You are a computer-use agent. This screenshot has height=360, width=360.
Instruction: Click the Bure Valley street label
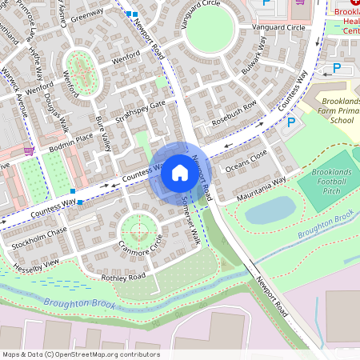pyautogui.click(x=102, y=134)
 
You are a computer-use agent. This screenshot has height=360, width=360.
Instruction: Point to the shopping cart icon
pyautogui.click(x=29, y=150)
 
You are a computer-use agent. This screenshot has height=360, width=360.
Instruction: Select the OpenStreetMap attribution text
pyautogui.click(x=80, y=354)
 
